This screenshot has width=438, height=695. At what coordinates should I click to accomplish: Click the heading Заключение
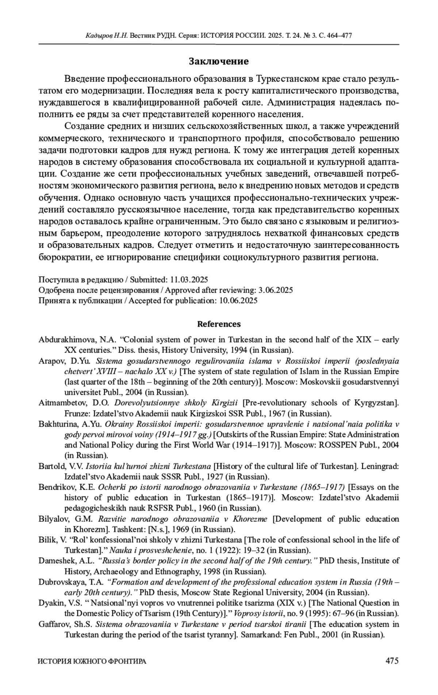point(219,61)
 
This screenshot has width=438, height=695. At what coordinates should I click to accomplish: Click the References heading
point(219,324)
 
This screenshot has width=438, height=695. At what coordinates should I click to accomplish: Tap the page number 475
point(392,661)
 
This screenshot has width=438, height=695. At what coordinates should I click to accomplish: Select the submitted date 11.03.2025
point(189,280)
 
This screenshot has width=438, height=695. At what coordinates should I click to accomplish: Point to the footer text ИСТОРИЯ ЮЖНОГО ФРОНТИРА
point(92,661)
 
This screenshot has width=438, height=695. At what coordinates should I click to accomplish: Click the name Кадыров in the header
point(97,36)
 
